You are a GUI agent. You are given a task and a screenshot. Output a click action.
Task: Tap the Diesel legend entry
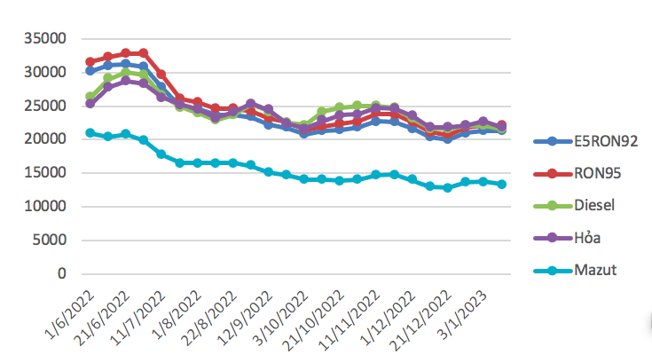593,205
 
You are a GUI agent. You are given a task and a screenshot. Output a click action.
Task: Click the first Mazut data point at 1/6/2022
90,133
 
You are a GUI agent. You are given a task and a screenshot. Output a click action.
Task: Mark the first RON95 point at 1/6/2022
90,62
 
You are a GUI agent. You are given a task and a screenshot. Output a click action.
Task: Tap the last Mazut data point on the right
501,185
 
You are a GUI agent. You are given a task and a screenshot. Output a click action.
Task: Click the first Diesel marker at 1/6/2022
90,96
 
